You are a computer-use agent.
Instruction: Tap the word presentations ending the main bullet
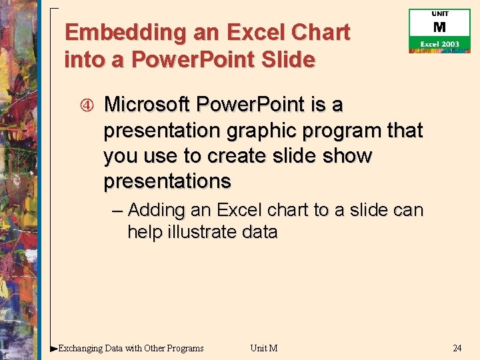(167, 181)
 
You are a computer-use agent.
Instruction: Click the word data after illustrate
(260, 232)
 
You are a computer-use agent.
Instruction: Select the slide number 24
(457, 348)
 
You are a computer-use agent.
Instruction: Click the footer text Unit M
(264, 348)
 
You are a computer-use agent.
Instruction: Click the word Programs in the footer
(184, 348)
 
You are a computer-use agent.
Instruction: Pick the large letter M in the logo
(439, 27)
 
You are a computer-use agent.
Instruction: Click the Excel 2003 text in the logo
(439, 44)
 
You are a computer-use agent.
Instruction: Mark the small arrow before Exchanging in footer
(54, 348)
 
